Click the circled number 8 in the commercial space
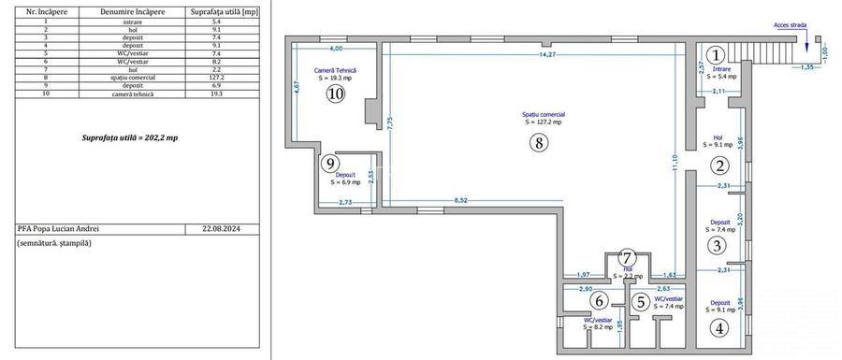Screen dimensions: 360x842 click(536, 143)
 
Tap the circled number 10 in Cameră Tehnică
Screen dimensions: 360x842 click(334, 94)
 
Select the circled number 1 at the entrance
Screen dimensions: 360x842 click(716, 55)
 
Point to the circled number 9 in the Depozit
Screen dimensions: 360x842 click(329, 164)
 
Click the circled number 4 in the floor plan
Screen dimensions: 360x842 click(719, 327)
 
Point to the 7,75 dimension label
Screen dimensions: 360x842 click(390, 121)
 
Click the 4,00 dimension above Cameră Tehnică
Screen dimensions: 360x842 click(335, 48)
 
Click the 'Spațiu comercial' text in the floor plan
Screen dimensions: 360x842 click(544, 115)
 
